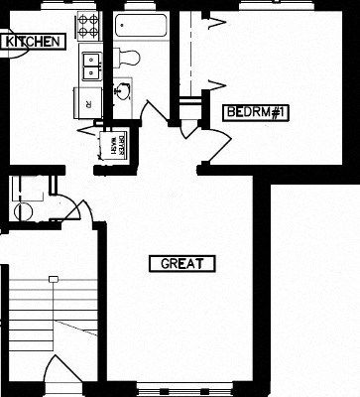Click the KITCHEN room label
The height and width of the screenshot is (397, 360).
tap(34, 42)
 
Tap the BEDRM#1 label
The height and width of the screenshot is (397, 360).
tap(255, 111)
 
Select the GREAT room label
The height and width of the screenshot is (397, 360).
tap(181, 263)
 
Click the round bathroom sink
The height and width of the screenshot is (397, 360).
tap(123, 93)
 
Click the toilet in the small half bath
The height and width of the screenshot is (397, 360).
tap(24, 210)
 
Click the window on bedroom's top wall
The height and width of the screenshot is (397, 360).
tap(268, 6)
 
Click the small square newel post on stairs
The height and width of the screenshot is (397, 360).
tap(52, 280)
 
